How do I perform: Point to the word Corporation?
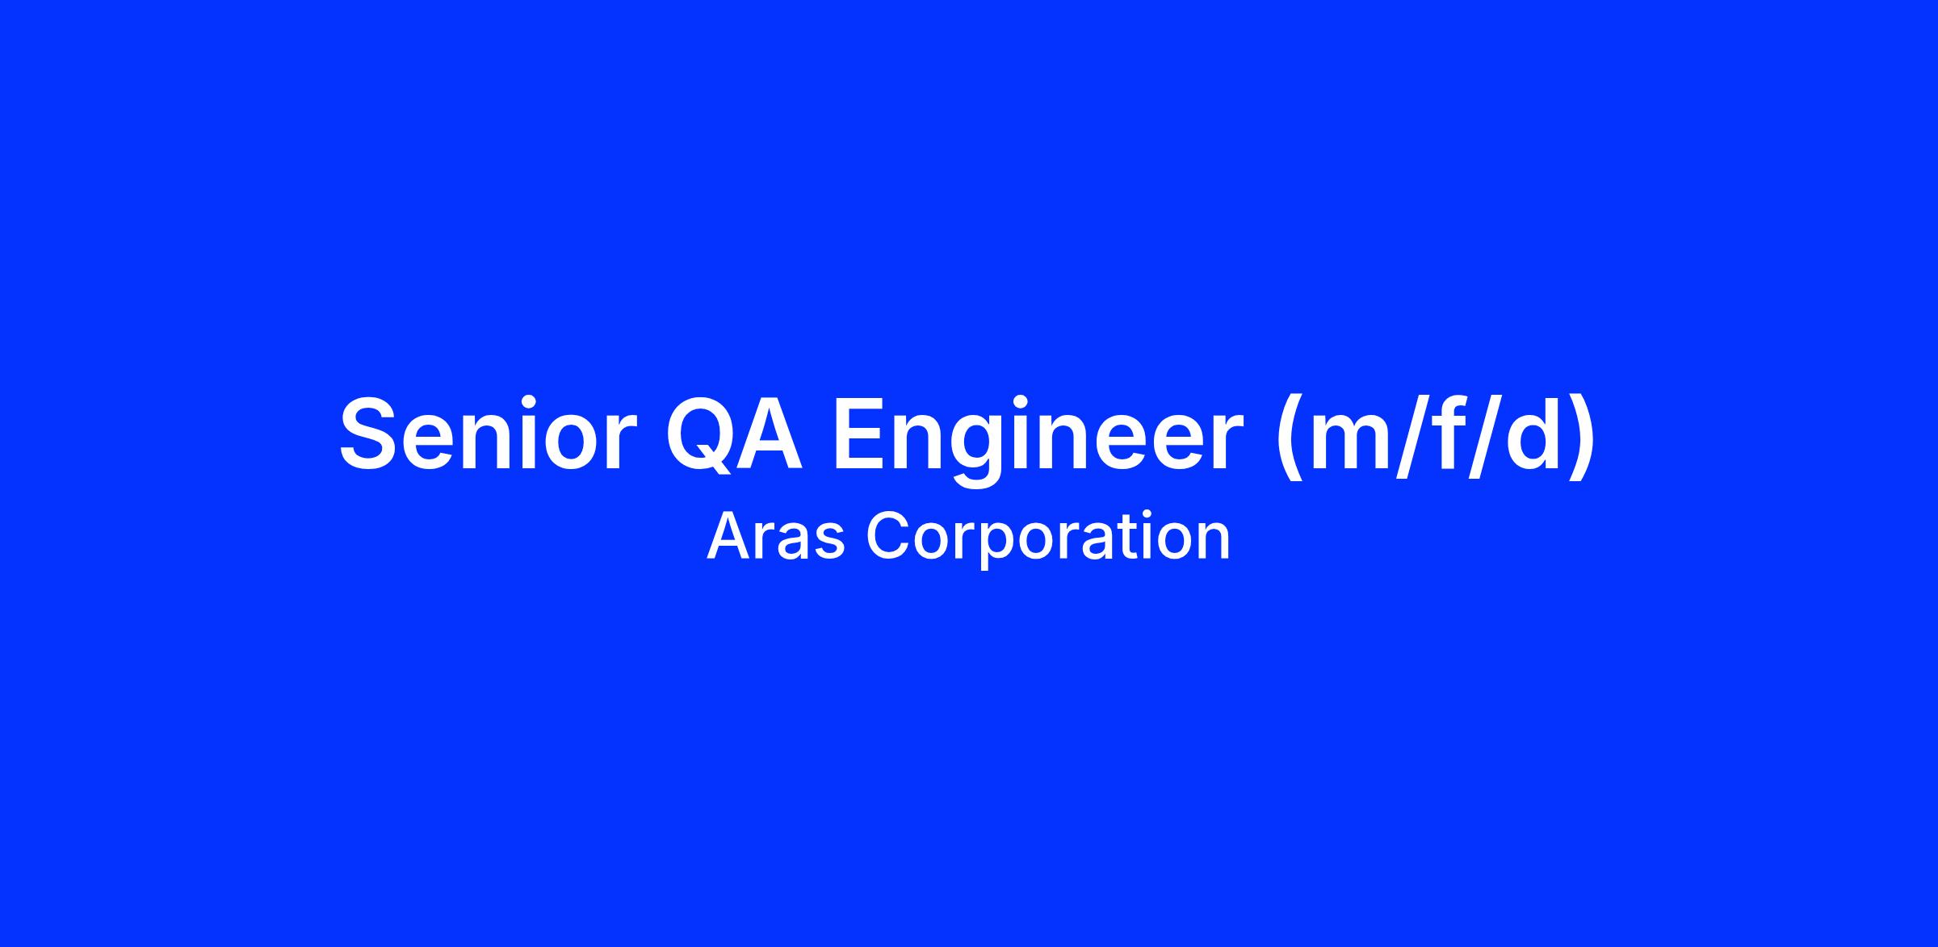tap(1048, 540)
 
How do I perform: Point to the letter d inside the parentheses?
tap(1529, 432)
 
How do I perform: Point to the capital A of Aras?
tap(730, 536)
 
